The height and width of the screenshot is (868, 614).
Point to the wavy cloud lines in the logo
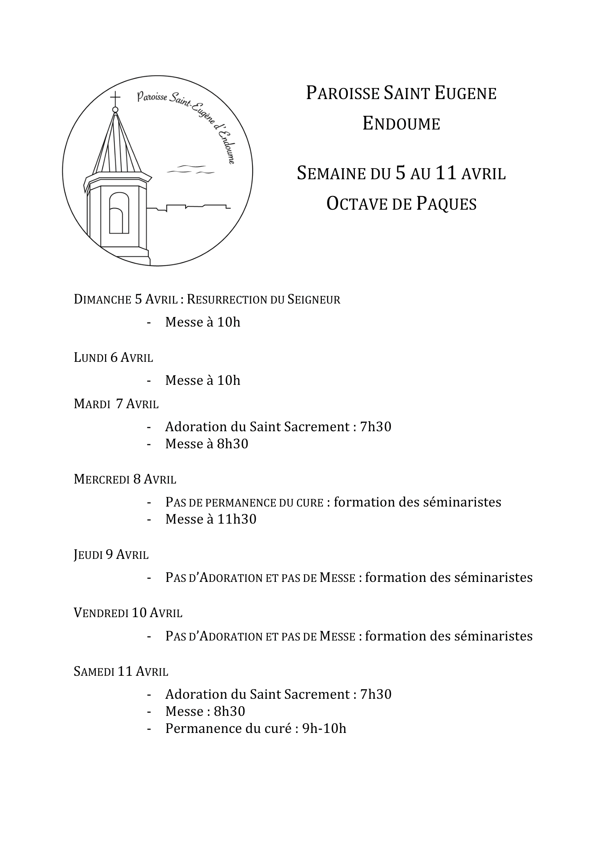click(x=190, y=170)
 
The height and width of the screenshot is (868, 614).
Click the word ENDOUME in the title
click(x=401, y=124)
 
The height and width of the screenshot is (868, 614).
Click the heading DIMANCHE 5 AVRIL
click(x=125, y=299)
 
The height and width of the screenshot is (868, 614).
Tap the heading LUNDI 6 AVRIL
click(x=114, y=358)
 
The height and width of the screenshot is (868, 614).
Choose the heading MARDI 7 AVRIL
click(x=116, y=404)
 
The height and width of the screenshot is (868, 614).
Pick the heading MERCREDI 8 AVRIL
click(x=125, y=479)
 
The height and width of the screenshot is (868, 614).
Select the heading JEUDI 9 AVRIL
click(x=111, y=554)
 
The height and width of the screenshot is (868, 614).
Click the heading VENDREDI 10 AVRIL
click(x=128, y=613)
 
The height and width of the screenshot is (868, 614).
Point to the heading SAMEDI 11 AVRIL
click(x=121, y=671)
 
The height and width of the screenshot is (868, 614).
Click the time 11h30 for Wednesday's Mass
click(x=237, y=519)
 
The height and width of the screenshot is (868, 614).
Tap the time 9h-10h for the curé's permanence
click(x=324, y=728)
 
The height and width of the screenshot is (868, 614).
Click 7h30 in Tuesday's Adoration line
click(x=375, y=427)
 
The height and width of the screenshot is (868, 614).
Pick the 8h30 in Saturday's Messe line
click(x=229, y=711)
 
